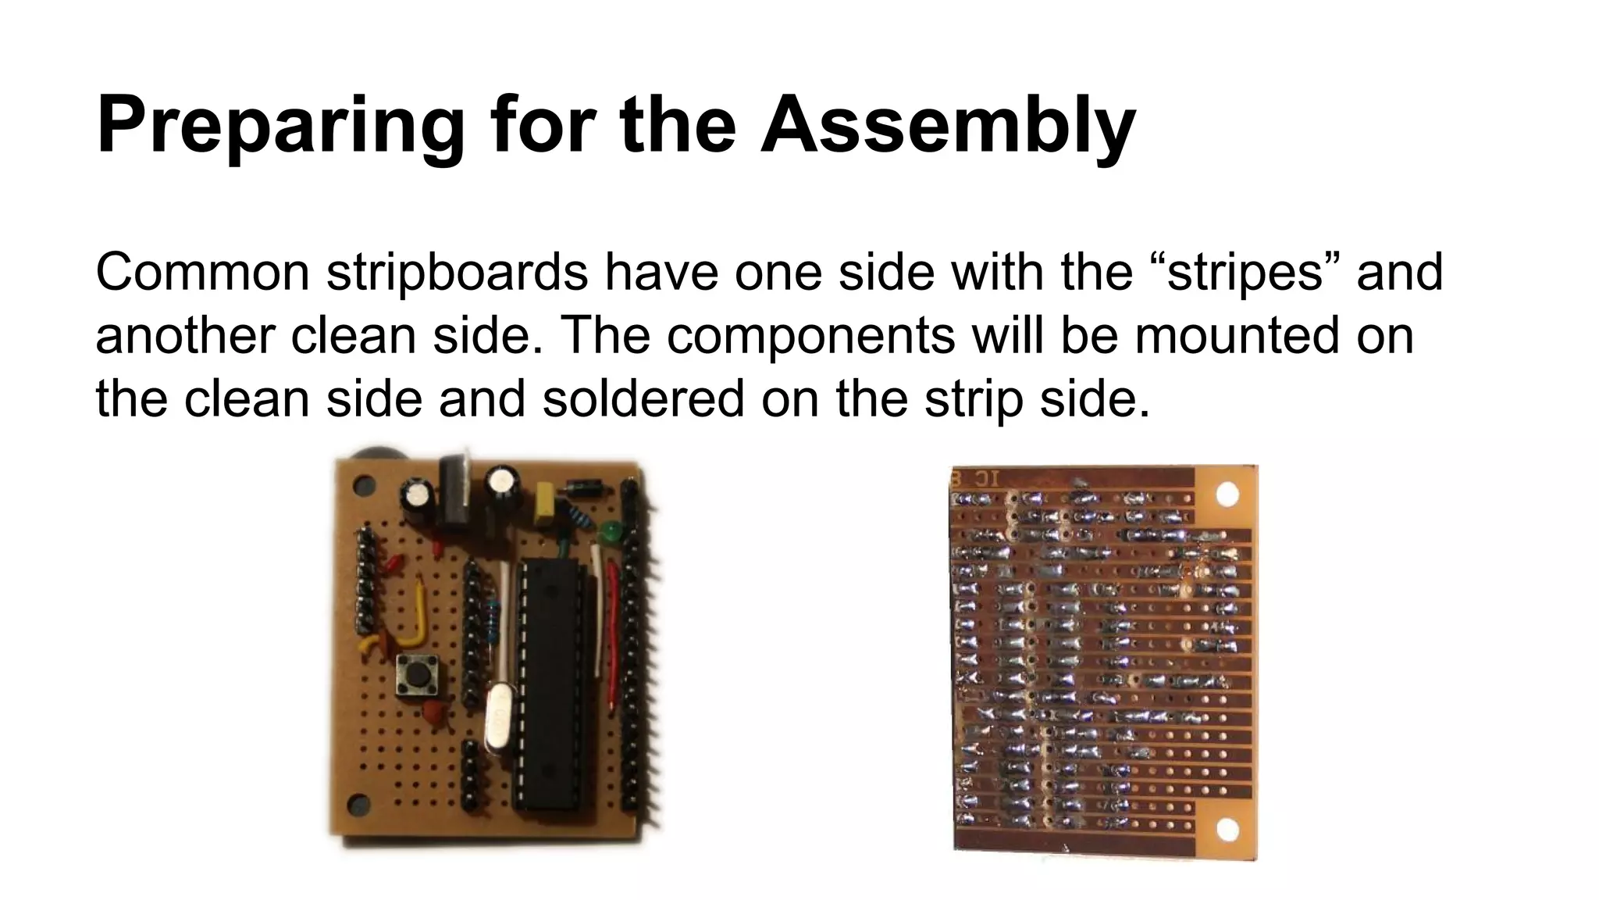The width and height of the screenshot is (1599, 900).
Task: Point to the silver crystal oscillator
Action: coord(495,719)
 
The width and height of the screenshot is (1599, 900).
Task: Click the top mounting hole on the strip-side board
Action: coord(1227,495)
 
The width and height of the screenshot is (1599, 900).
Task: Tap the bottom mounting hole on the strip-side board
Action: coord(1227,830)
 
